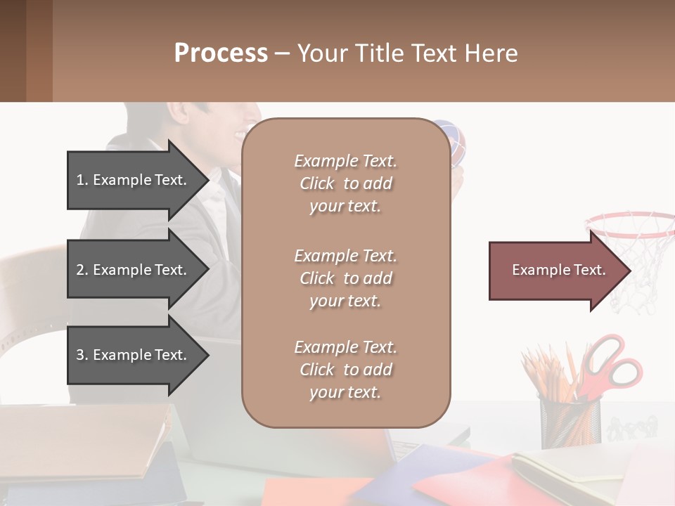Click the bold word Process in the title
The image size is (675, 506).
(x=221, y=53)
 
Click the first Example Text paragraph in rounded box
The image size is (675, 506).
(x=345, y=183)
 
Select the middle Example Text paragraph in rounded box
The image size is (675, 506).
(x=345, y=278)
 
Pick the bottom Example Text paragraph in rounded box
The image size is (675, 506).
(x=345, y=370)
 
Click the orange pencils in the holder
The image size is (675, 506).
(x=545, y=379)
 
